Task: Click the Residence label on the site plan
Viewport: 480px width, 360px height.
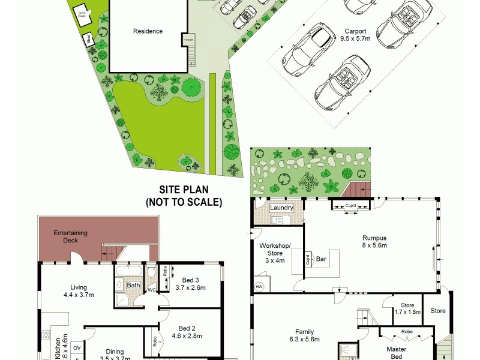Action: (x=148, y=31)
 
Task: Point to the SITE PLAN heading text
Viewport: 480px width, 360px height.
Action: (x=183, y=188)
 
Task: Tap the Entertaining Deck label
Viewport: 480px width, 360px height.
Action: (x=70, y=236)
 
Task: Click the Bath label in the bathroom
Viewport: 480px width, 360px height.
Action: (x=133, y=286)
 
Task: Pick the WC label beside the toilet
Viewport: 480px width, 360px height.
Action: (x=152, y=290)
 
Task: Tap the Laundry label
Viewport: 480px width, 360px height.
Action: (x=281, y=208)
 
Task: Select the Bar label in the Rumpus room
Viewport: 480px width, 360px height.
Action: (x=321, y=260)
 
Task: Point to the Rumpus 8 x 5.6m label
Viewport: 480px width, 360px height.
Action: (x=374, y=241)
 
